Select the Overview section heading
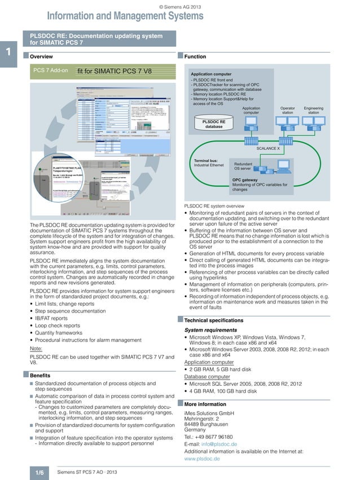[x=41, y=57]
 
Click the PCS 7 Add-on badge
[x=51, y=71]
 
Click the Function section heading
[x=195, y=57]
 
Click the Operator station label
[x=288, y=110]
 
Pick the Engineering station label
[x=313, y=110]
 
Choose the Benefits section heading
[x=41, y=375]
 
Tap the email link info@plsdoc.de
[x=219, y=444]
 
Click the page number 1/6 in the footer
[x=40, y=471]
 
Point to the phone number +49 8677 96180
[x=216, y=437]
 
